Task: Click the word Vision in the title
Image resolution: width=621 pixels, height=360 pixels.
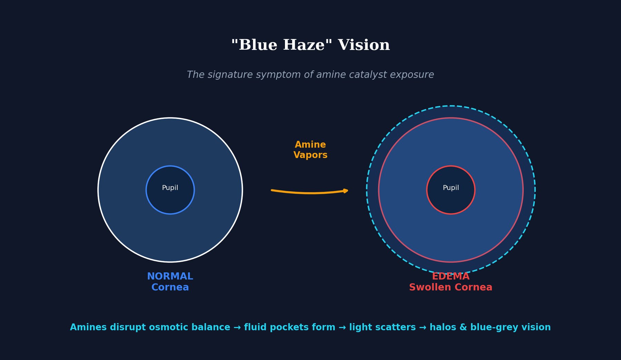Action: (x=364, y=45)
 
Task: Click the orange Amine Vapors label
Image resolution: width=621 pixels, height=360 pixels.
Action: (x=310, y=150)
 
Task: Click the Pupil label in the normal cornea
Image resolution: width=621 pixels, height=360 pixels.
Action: (x=170, y=188)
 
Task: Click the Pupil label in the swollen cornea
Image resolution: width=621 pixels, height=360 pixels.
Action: (x=451, y=188)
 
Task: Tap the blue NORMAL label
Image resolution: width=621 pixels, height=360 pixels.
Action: (x=170, y=277)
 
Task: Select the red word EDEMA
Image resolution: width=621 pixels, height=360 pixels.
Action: (x=451, y=277)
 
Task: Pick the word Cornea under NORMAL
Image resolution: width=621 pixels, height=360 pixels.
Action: (x=170, y=288)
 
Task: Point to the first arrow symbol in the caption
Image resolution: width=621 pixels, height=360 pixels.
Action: (x=237, y=328)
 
